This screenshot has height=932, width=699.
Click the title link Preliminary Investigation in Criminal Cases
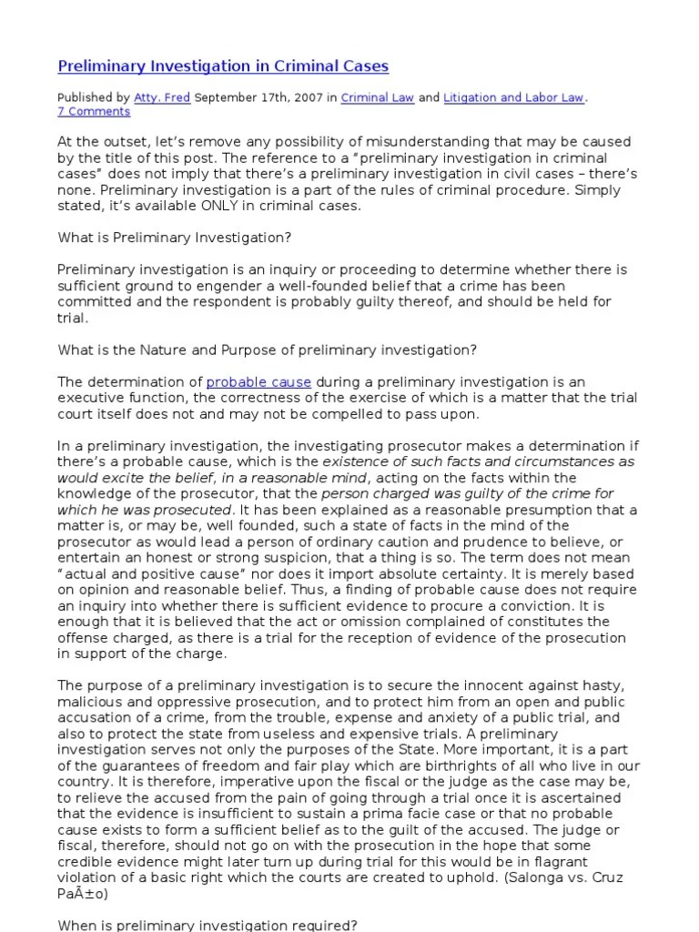click(x=223, y=66)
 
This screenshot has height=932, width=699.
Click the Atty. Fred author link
click(x=162, y=97)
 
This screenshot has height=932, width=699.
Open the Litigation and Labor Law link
click(x=513, y=97)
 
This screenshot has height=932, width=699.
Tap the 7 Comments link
click(x=94, y=112)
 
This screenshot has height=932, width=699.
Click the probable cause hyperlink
click(x=258, y=382)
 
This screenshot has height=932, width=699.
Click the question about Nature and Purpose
click(x=268, y=349)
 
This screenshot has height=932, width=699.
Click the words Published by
click(x=93, y=97)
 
